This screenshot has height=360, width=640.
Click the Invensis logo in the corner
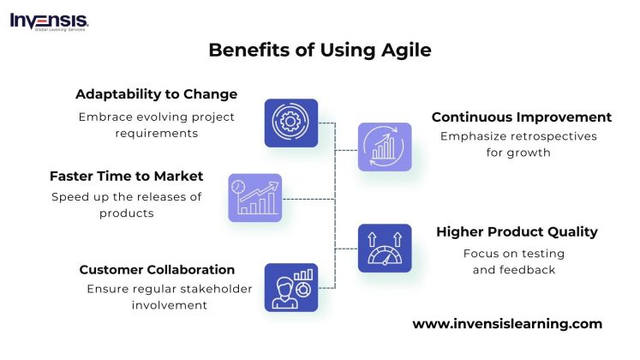coord(49,21)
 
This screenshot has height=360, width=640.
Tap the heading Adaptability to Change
coord(156,93)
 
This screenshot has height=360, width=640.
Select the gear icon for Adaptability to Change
coord(291,123)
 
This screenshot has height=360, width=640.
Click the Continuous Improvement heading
coord(521,117)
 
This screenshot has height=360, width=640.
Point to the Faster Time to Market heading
coord(126,176)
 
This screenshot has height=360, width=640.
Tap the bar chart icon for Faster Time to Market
coord(255,198)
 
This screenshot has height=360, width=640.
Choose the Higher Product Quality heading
coord(517,231)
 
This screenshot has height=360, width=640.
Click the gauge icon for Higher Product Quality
coord(385,249)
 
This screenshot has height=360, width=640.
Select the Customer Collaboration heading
coord(157,269)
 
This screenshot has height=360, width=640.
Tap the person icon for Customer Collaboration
coord(291,287)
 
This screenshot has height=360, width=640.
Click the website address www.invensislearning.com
coord(507,323)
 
